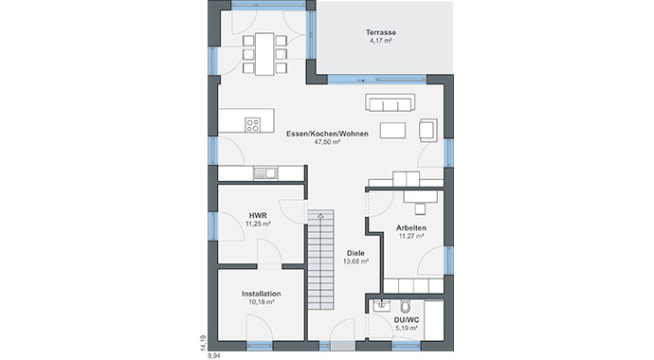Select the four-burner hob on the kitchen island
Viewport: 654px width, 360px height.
pyautogui.click(x=254, y=123)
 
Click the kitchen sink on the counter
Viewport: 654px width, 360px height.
pyautogui.click(x=264, y=172)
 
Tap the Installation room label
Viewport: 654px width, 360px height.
pyautogui.click(x=261, y=294)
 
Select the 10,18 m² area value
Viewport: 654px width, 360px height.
pyautogui.click(x=261, y=303)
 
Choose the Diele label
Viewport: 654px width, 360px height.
pyautogui.click(x=356, y=253)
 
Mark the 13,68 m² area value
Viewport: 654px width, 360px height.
pyautogui.click(x=356, y=262)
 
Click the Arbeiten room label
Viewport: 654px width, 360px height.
pyautogui.click(x=411, y=229)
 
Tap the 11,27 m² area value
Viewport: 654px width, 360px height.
pyautogui.click(x=411, y=239)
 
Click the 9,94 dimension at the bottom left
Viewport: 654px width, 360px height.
pyautogui.click(x=213, y=353)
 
